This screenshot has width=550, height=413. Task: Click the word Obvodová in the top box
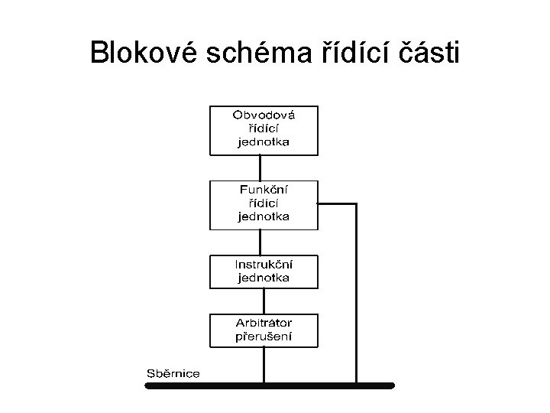[264, 115]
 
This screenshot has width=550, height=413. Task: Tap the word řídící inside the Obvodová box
[264, 128]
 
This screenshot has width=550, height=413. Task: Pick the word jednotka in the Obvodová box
[264, 141]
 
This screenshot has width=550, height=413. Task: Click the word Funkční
[264, 189]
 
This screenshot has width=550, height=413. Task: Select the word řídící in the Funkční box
[264, 202]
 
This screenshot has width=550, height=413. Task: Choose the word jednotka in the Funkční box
[264, 216]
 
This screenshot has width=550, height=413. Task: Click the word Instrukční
[264, 264]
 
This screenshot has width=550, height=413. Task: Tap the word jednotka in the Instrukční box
[264, 277]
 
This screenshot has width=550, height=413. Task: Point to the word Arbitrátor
[264, 322]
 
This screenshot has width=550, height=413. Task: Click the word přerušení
[264, 336]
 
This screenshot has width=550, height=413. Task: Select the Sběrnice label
[173, 373]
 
